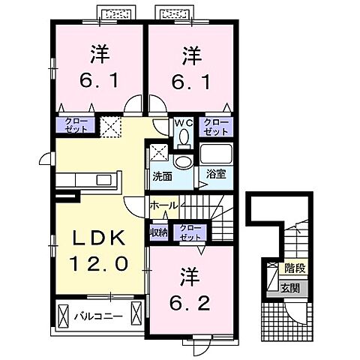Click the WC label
184,121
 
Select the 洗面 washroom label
162,178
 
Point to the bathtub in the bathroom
217,154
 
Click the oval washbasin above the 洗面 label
182,160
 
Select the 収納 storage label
158,232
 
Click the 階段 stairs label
294,268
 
